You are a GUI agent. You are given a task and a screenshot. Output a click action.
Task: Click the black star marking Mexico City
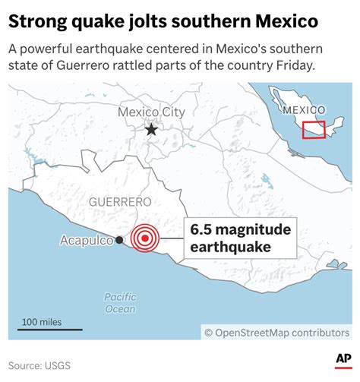[x=151, y=129]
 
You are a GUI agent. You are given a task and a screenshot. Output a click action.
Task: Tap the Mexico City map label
[x=151, y=112]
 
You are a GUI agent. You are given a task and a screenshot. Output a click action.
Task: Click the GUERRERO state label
[x=120, y=202]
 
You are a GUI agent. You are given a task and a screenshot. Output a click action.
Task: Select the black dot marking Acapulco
[x=120, y=241]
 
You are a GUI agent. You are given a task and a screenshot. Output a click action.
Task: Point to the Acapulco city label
[x=87, y=241]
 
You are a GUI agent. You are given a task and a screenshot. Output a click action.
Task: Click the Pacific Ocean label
[x=120, y=302]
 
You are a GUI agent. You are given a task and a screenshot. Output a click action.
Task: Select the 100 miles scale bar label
[x=42, y=322]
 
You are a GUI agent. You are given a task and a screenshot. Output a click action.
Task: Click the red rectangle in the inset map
[x=313, y=129]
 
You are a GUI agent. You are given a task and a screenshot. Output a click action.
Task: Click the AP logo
[x=342, y=359]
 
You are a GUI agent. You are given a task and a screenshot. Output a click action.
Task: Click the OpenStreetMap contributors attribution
[x=276, y=332]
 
